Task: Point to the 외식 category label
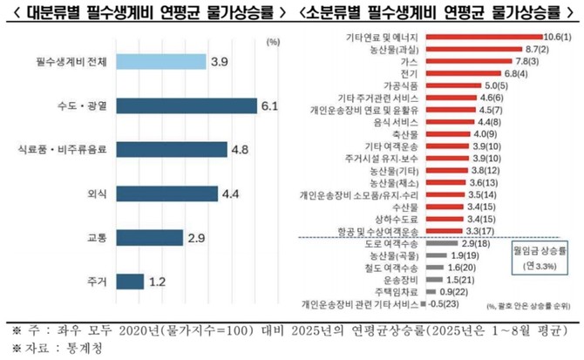[x=92, y=194]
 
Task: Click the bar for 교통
[x=149, y=237]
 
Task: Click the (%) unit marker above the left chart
[x=272, y=41]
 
